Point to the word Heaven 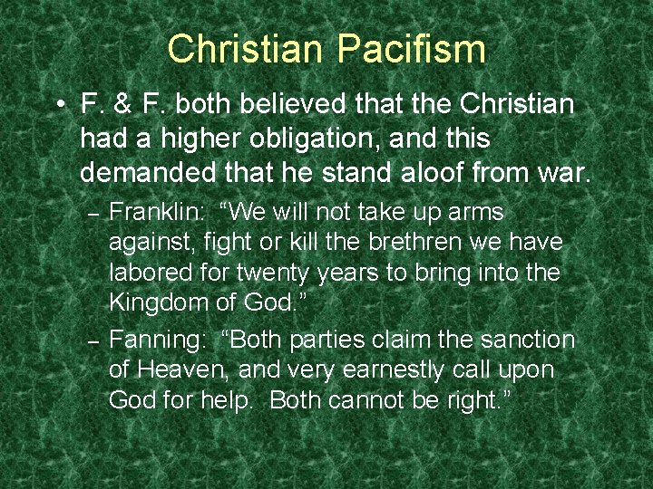[x=182, y=369]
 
